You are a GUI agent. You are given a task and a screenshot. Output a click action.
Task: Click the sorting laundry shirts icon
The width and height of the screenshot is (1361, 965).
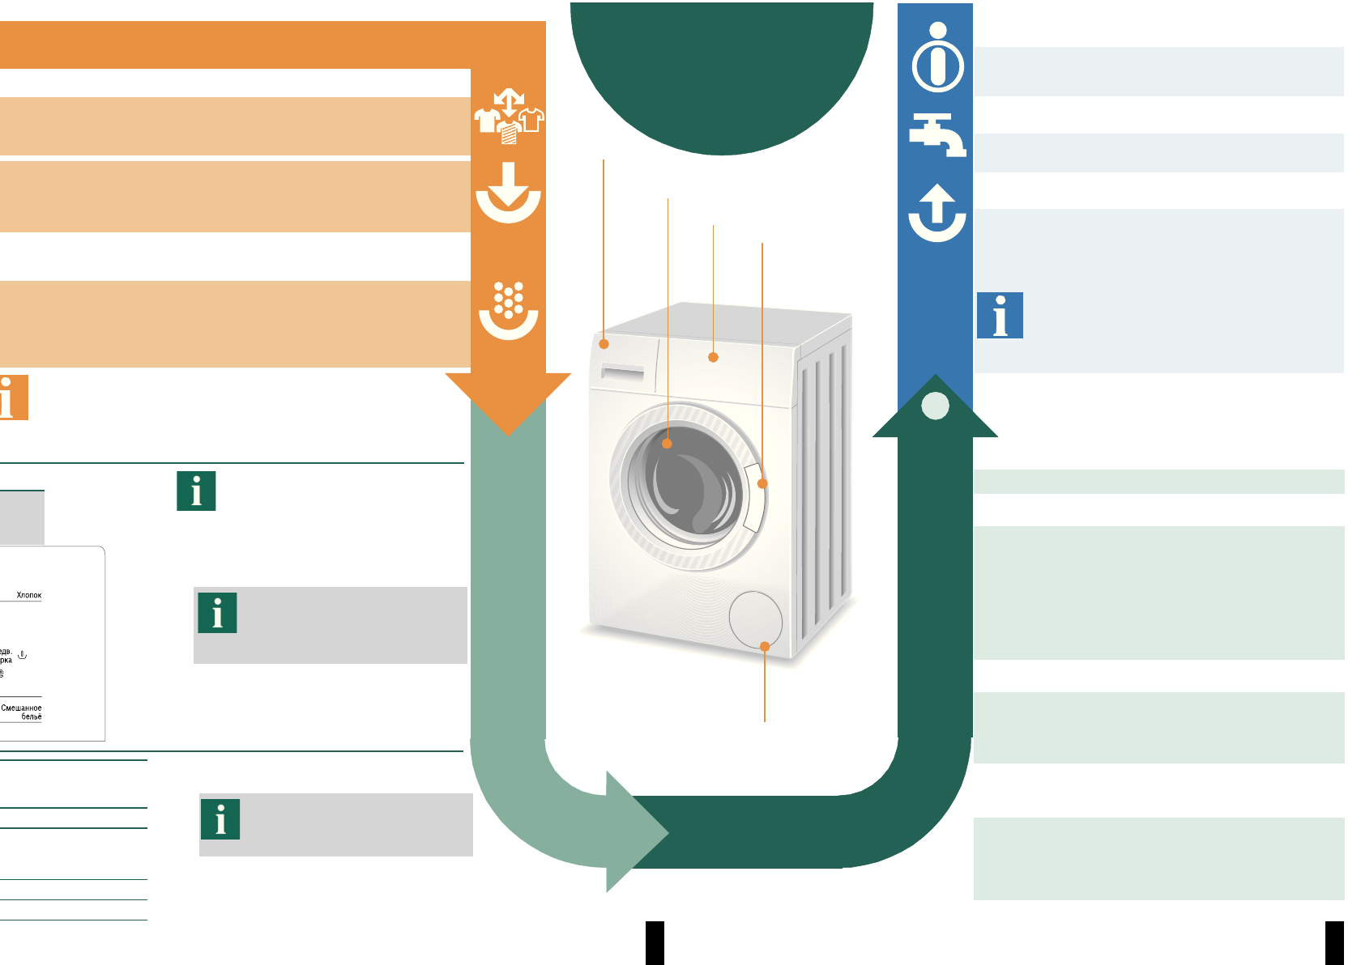point(509,117)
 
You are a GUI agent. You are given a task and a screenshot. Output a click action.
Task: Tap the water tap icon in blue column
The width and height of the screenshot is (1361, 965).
point(937,134)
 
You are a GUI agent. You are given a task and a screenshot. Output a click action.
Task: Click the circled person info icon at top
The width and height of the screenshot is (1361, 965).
point(938,58)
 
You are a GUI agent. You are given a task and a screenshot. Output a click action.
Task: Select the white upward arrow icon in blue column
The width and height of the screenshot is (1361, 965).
point(937,212)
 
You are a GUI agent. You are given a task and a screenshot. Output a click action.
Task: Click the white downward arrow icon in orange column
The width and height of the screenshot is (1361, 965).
point(508,193)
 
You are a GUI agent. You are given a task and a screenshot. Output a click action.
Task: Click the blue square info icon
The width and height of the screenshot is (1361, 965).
point(1000,315)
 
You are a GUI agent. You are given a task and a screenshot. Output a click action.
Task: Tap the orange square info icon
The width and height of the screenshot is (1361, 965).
point(13,397)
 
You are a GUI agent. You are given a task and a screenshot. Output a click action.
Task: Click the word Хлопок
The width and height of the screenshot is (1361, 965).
point(29,595)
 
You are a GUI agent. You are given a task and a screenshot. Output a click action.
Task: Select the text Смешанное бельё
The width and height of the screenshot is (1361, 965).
point(23,712)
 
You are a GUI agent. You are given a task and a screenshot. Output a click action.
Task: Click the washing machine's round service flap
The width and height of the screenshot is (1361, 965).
point(755,619)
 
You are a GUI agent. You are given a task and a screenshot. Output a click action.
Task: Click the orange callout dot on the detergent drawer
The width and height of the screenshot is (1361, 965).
point(604,344)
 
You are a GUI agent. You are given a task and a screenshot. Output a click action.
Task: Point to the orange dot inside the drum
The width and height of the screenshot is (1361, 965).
point(668,444)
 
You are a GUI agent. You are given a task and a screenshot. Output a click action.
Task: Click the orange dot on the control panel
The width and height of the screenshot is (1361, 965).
point(713,357)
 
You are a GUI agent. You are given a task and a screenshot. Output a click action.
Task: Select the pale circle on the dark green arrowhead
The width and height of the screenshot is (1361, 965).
point(936,406)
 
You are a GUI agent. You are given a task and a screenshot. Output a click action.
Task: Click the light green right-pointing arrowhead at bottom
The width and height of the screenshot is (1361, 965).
point(636,832)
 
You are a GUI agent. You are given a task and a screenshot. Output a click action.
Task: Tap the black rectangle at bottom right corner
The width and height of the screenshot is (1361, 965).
point(1334,943)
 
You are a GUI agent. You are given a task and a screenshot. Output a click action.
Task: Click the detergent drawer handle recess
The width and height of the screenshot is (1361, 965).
point(622,373)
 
